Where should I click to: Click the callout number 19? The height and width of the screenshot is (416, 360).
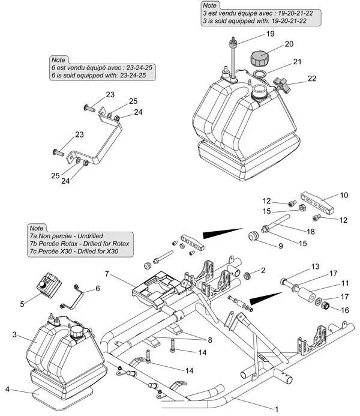[270, 34]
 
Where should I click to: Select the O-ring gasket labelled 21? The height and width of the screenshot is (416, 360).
[260, 74]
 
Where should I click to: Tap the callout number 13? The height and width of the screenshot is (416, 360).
[314, 266]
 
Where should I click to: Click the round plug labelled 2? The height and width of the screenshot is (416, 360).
[247, 276]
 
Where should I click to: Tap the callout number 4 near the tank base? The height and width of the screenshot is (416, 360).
[8, 390]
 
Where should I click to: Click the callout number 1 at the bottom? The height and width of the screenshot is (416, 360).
[277, 409]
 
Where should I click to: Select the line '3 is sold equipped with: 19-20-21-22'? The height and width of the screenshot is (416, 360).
[255, 20]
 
